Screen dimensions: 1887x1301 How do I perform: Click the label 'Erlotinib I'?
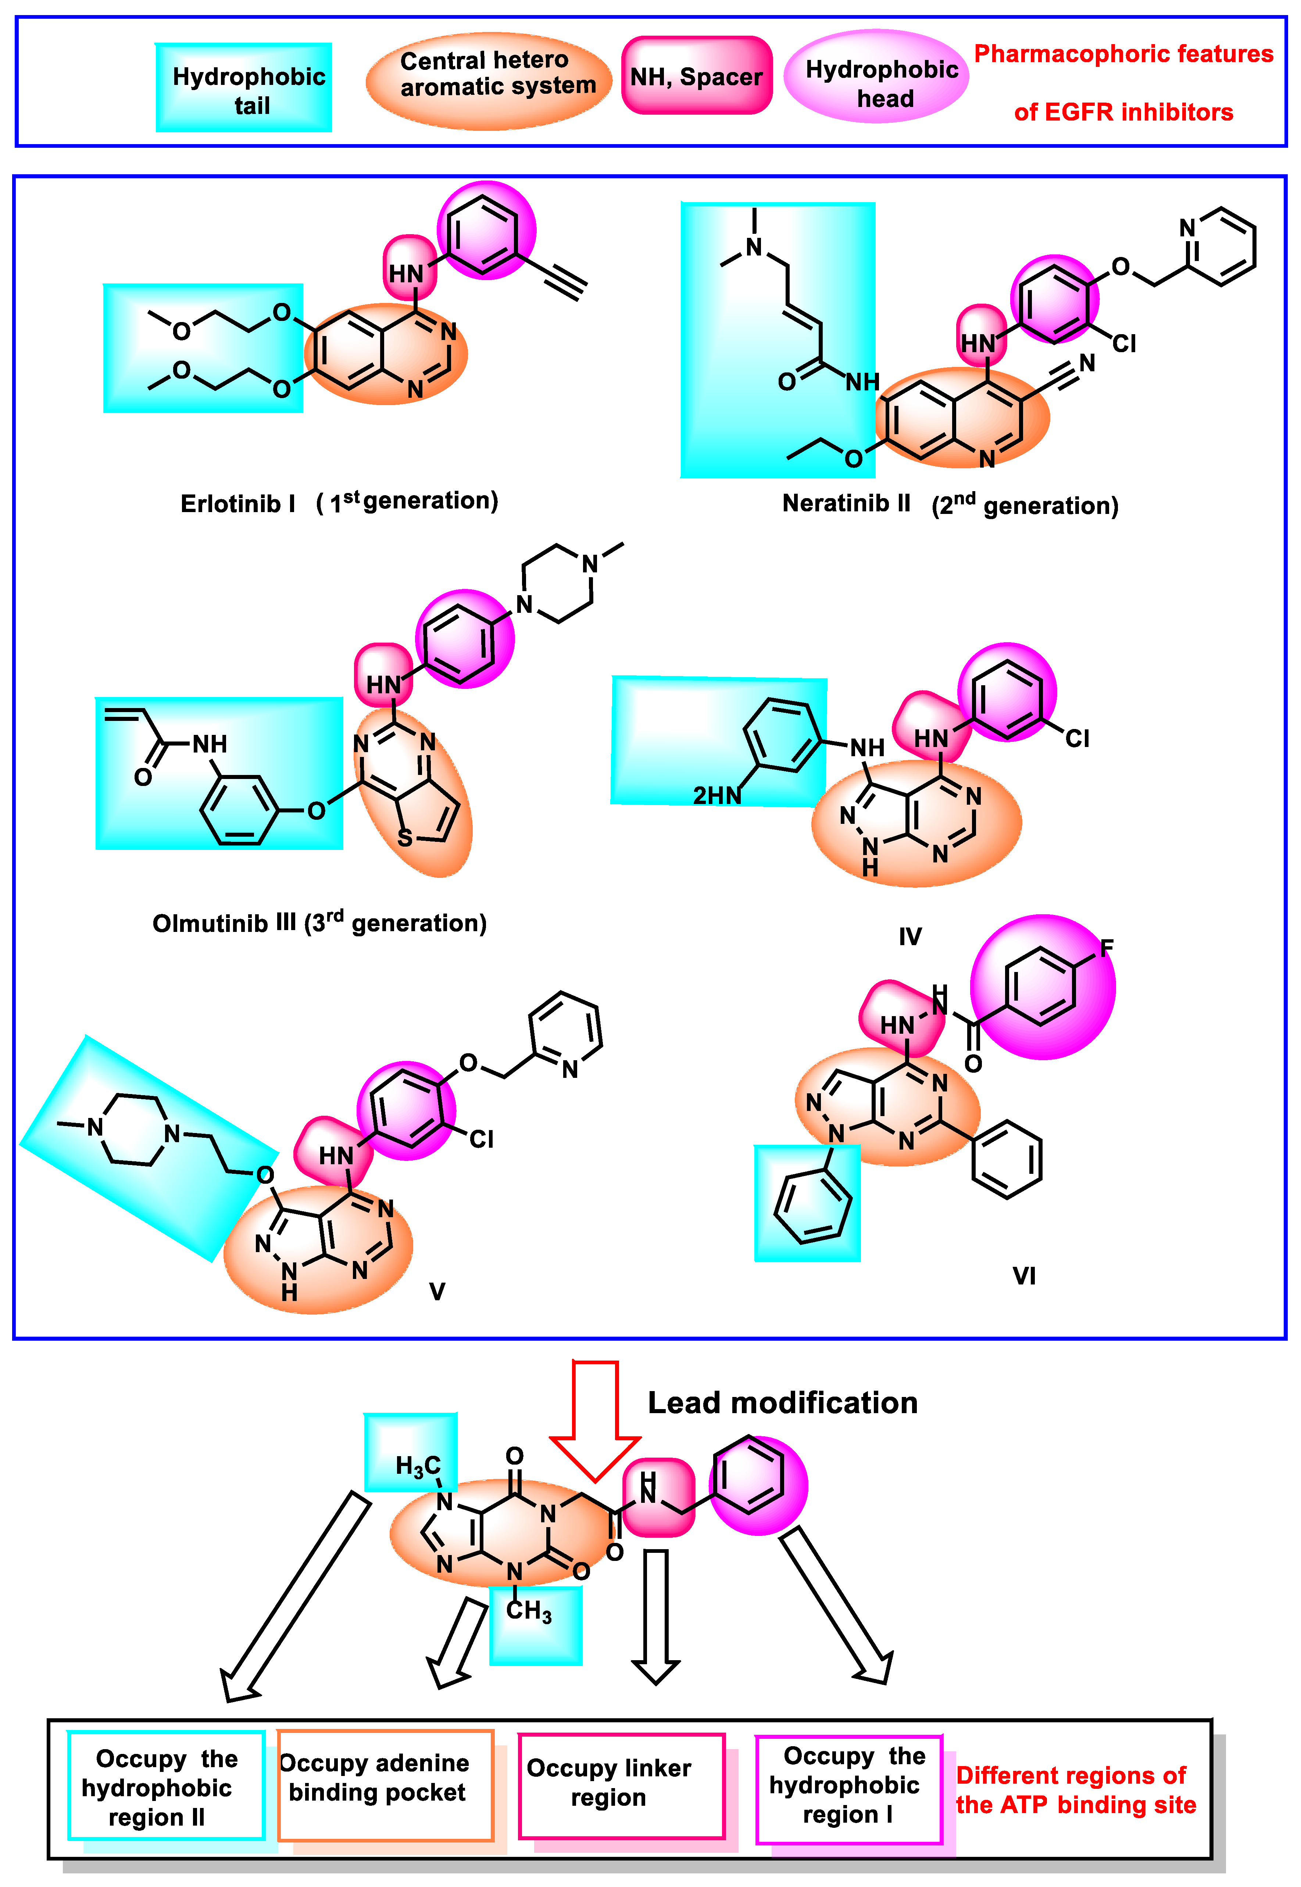pyautogui.click(x=237, y=504)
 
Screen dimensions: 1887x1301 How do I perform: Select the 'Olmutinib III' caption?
pyautogui.click(x=224, y=923)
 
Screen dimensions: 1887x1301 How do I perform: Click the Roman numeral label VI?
pyautogui.click(x=1024, y=1276)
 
